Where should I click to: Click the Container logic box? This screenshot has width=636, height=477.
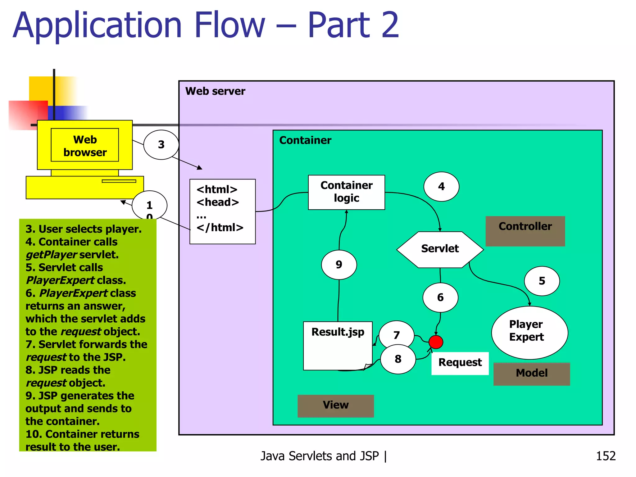click(346, 192)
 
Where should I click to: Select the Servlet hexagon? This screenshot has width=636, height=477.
click(440, 249)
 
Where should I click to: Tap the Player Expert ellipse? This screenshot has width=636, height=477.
click(529, 332)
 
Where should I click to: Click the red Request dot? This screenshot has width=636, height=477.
click(435, 342)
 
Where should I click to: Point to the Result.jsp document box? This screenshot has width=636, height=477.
click(338, 345)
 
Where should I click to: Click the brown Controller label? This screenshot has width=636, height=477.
click(525, 231)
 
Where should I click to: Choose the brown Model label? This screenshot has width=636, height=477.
click(531, 374)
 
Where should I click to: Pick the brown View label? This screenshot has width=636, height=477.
click(335, 406)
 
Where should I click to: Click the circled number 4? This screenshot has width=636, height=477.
click(441, 186)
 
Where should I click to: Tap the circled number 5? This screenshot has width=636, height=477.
click(542, 281)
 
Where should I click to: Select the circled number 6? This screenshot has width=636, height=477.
click(440, 297)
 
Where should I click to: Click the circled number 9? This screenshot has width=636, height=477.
click(339, 265)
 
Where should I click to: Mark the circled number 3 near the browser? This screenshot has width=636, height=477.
click(161, 144)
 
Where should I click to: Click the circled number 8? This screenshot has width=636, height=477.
click(398, 359)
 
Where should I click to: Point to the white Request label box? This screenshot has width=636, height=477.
click(460, 363)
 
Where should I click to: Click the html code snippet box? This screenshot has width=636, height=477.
click(222, 211)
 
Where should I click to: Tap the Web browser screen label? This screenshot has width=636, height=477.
click(85, 145)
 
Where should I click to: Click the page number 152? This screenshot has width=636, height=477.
click(605, 456)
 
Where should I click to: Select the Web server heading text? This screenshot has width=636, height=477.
click(215, 91)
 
